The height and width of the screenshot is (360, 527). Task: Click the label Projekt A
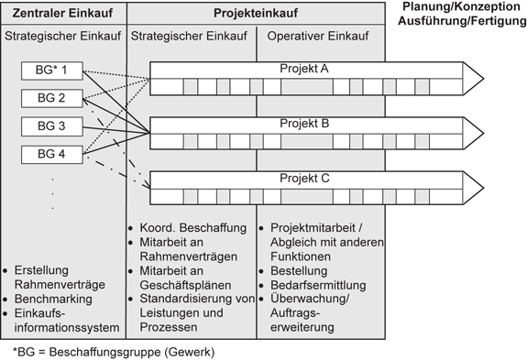(x=305, y=69)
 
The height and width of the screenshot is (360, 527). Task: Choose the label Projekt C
(x=305, y=178)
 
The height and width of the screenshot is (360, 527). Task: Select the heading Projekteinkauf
(x=256, y=14)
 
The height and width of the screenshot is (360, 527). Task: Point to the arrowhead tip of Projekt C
(x=482, y=188)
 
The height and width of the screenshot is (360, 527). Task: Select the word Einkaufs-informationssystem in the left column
(x=63, y=321)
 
